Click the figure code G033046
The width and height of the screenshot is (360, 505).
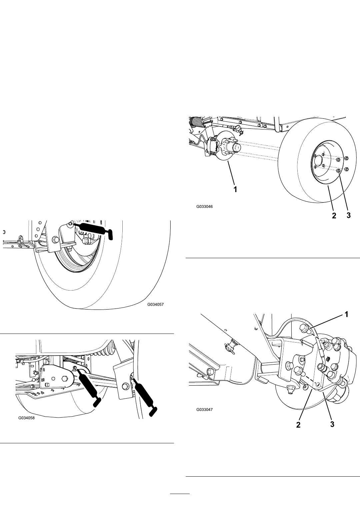pos(204,206)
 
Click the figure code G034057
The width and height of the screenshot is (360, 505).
pos(155,304)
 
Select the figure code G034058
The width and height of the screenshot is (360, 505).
pos(27,418)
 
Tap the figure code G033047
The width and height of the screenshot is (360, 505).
pos(204,410)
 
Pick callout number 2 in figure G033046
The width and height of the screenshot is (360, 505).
pos(334,215)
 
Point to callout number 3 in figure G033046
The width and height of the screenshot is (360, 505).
pos(348,215)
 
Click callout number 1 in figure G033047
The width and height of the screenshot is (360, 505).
pos(346,314)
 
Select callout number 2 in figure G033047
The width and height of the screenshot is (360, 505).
pos(298,425)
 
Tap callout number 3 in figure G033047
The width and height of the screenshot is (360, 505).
pos(332,424)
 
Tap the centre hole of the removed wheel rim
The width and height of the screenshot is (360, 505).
pos(319,160)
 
